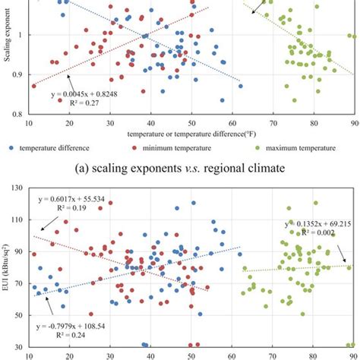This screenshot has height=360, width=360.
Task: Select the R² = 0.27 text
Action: click(x=81, y=104)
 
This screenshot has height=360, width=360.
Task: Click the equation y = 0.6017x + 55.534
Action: click(x=72, y=199)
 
